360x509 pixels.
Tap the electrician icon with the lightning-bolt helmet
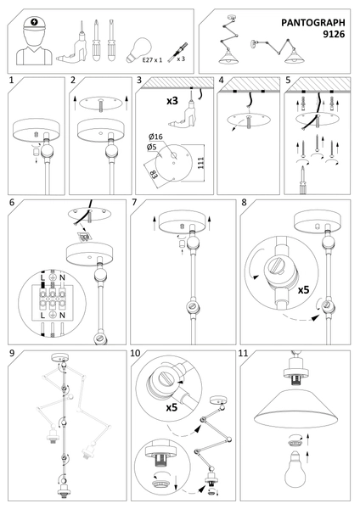point(35,42)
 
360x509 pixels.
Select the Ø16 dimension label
point(154,137)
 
